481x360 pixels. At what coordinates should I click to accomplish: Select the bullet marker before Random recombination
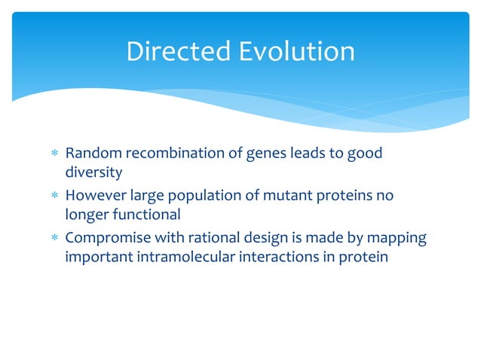pos(53,154)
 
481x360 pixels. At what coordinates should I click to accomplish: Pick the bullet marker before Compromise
pos(53,239)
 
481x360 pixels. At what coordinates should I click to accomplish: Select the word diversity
pos(93,172)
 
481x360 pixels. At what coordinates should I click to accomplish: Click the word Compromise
pos(104,239)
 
